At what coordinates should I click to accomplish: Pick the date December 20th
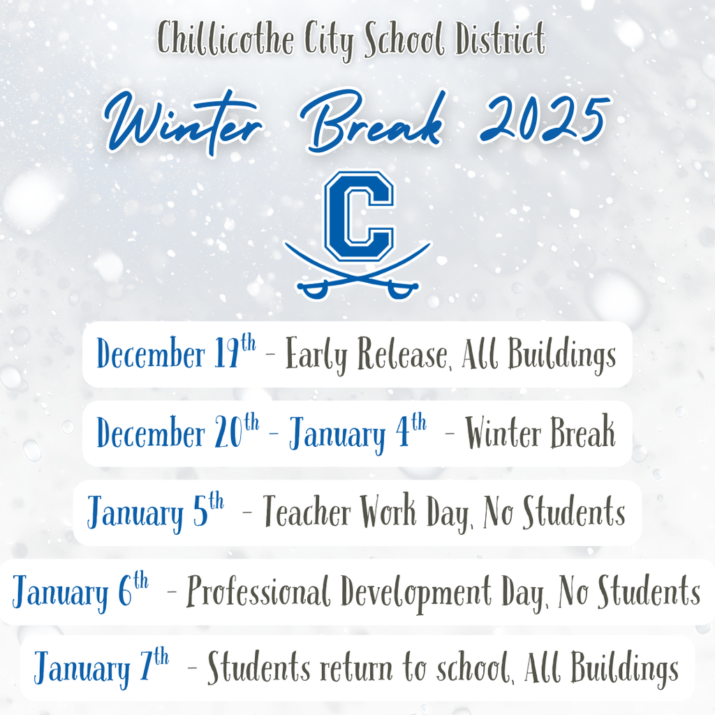point(177,434)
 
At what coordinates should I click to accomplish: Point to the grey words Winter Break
point(540,434)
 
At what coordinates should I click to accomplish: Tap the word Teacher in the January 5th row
point(307,513)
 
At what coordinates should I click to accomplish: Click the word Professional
point(258,594)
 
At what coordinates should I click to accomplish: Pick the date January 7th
point(101,669)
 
